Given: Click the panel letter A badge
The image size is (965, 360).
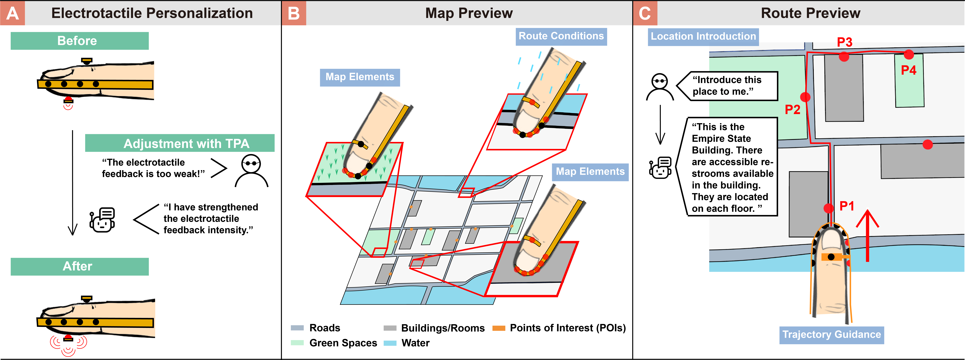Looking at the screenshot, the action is (x=12, y=13).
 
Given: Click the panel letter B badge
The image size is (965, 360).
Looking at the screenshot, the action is (x=294, y=13).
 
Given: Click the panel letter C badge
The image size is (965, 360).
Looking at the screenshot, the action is (x=645, y=13).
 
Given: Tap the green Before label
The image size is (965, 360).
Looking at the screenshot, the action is (x=79, y=41).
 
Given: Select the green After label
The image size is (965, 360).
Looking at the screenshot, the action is (x=79, y=266).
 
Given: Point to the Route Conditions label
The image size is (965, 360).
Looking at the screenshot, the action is (x=561, y=36).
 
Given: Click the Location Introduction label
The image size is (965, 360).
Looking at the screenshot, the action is (x=703, y=37).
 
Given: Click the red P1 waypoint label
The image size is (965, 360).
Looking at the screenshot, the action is (x=847, y=206).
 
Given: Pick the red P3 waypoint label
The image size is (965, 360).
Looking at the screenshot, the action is (x=845, y=42).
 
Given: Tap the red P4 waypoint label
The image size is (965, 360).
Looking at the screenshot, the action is (x=908, y=70).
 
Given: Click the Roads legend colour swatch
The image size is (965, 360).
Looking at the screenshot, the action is (x=297, y=328).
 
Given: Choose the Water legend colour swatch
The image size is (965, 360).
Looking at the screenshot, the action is (x=390, y=343).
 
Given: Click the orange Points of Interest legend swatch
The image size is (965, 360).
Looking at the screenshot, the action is (x=499, y=328).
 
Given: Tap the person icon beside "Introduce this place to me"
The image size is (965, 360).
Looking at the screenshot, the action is (x=660, y=87).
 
